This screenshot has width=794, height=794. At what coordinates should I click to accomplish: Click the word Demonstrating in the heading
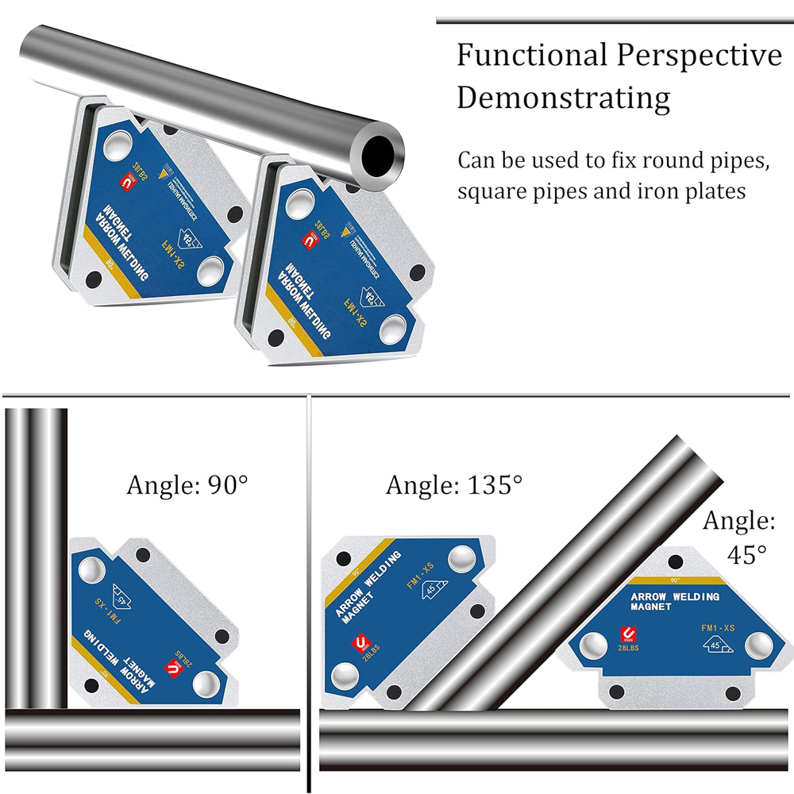[564, 98]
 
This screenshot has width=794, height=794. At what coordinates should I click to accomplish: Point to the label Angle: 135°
[454, 484]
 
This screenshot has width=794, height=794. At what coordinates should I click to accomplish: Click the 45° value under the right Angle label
[749, 553]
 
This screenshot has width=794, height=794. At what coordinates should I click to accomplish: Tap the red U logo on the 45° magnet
[628, 635]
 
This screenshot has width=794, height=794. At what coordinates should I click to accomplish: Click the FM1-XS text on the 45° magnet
[717, 627]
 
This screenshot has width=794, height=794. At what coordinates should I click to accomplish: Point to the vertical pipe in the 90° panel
[37, 556]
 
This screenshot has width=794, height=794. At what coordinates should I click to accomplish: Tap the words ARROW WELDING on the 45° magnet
[674, 597]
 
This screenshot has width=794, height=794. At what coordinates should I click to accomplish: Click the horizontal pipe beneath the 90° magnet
[151, 727]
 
